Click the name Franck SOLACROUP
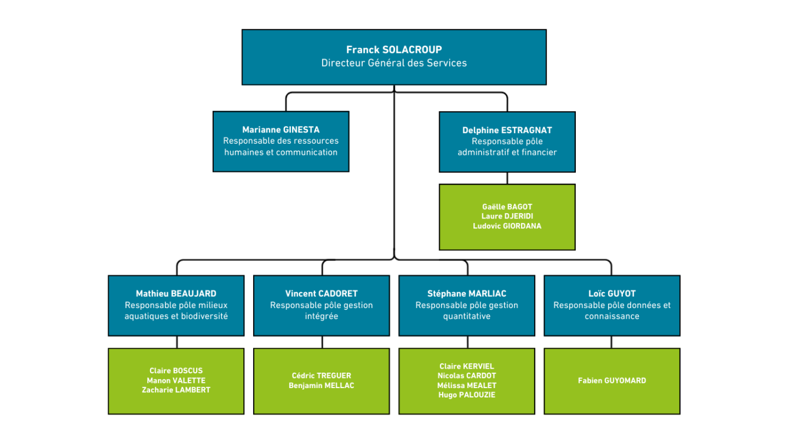click(394, 50)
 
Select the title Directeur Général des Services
click(394, 63)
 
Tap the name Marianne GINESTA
click(281, 130)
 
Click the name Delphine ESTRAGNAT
click(507, 130)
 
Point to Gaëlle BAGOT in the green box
click(507, 207)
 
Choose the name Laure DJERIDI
click(507, 216)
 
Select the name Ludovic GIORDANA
click(507, 226)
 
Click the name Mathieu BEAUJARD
click(176, 293)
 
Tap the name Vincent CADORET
click(321, 293)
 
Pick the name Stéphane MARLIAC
click(467, 293)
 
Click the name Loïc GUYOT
click(612, 293)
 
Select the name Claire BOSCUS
click(176, 371)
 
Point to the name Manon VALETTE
click(176, 380)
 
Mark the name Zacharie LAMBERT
click(176, 390)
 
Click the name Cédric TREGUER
click(321, 376)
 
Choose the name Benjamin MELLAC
click(321, 386)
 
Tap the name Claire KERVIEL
click(467, 366)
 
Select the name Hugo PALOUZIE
click(467, 395)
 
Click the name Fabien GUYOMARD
click(612, 380)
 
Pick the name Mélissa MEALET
click(467, 386)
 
